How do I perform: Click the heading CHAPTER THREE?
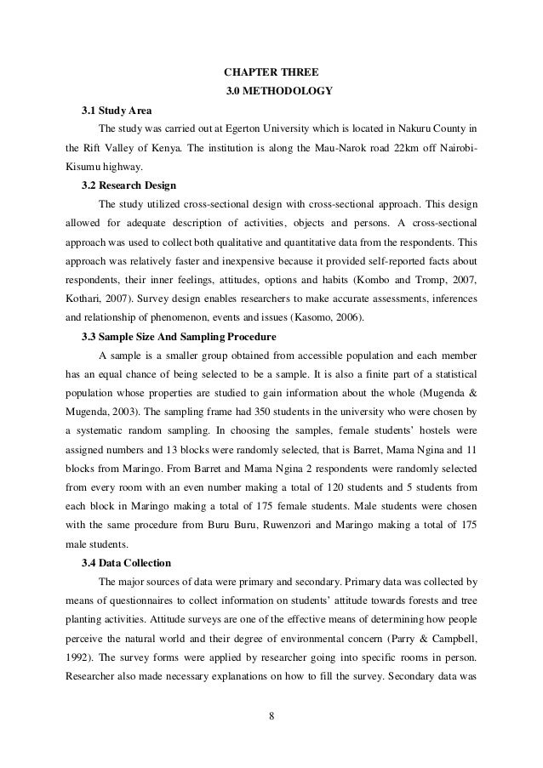271,71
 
